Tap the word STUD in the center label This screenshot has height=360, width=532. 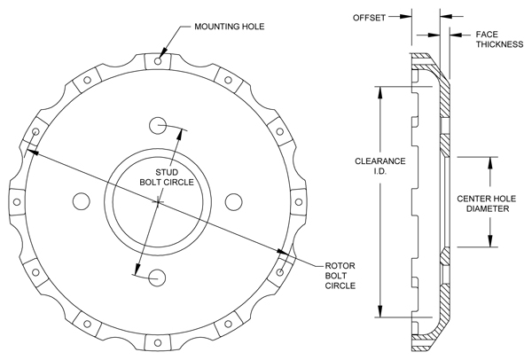point(167,171)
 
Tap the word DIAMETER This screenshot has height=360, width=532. point(488,211)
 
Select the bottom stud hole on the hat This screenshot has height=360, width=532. point(159,278)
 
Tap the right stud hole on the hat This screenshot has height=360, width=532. point(235,201)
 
